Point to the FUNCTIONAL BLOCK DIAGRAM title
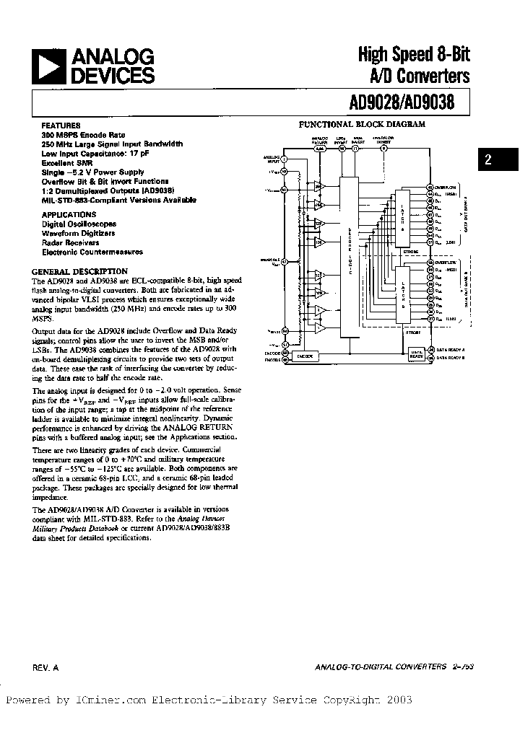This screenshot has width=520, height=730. coord(363,124)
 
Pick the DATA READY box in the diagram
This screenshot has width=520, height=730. coord(417,354)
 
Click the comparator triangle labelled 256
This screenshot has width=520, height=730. coord(318,187)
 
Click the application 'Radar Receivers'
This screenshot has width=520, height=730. coord(71,243)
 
